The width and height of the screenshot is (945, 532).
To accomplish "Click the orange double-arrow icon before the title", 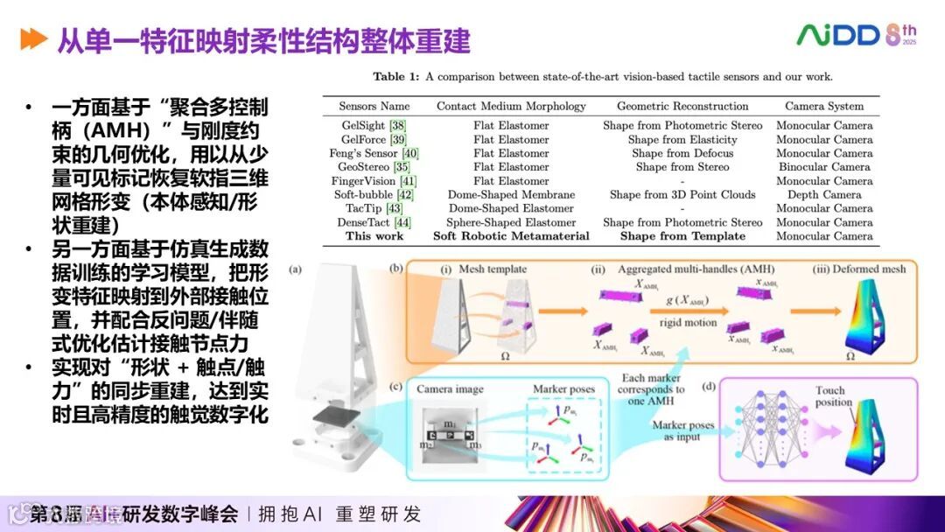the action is tap(33, 39).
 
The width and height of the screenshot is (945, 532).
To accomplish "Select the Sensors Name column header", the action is tap(374, 106).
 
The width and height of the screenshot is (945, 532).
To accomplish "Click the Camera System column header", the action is tap(823, 106).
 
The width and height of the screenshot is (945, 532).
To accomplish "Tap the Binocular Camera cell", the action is tap(824, 166).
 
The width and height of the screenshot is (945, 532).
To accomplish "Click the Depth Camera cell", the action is tap(824, 194).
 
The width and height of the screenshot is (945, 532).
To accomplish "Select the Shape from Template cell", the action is tap(682, 235).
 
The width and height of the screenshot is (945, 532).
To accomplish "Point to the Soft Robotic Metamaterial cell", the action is tap(511, 235).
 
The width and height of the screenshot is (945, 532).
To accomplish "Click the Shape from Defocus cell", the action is tap(682, 153).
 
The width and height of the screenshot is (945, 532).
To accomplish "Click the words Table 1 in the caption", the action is tap(399, 77).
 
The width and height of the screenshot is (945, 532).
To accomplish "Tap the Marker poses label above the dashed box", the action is tap(563, 388).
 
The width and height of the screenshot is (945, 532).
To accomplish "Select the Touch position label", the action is tap(830, 396).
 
